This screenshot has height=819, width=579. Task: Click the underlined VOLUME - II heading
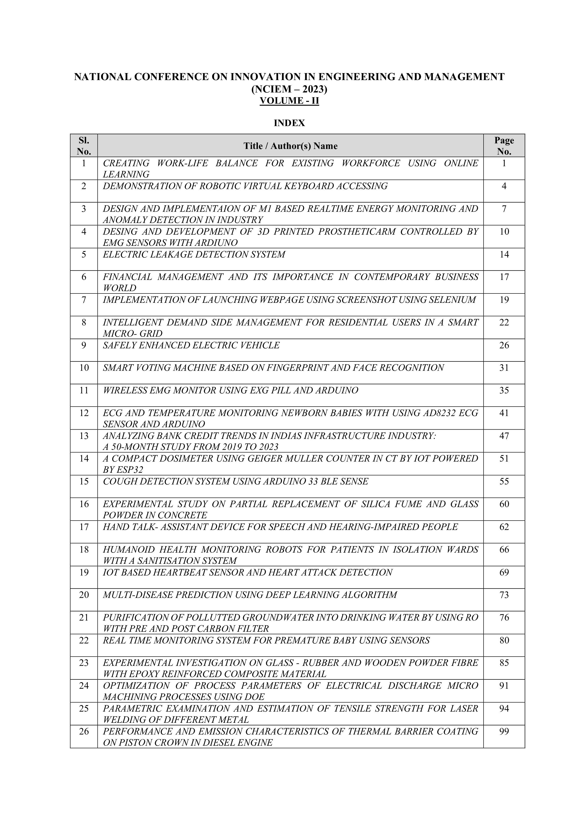tap(289, 101)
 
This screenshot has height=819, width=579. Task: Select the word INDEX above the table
tap(289, 123)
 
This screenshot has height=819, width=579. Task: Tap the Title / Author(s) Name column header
tap(290, 146)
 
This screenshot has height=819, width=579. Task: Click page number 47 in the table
tap(504, 436)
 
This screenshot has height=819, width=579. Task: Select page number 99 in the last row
tap(504, 731)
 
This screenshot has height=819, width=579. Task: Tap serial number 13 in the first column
tap(84, 436)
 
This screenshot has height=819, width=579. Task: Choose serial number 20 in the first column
tap(84, 595)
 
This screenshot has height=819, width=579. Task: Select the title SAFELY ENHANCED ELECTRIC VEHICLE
tap(191, 345)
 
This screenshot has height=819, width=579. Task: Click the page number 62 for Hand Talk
tap(504, 527)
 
